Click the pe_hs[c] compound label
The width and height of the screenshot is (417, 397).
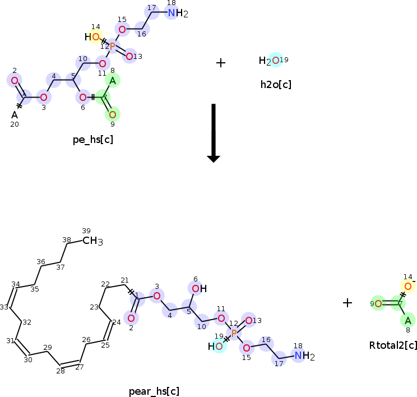click(x=92, y=139)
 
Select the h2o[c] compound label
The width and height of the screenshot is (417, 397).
click(x=275, y=85)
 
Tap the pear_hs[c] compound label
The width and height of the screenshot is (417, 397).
click(x=154, y=391)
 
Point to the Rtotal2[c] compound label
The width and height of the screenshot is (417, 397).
click(x=393, y=345)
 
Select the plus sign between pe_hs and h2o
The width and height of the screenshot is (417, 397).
click(x=221, y=63)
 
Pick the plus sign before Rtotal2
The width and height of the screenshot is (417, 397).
click(x=347, y=303)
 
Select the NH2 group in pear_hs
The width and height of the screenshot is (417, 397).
click(x=303, y=356)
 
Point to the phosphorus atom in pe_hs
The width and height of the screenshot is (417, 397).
click(x=112, y=47)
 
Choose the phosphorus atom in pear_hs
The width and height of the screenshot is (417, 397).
click(x=234, y=333)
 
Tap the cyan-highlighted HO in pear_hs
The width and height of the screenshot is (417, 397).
click(x=216, y=346)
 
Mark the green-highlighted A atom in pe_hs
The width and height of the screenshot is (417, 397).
click(x=112, y=81)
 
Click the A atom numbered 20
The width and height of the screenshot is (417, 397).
click(x=15, y=115)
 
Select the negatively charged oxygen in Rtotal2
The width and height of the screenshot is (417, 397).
click(x=408, y=287)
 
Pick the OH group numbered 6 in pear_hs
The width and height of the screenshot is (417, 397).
click(x=198, y=289)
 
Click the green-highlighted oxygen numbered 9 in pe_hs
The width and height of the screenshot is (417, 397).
click(x=112, y=114)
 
